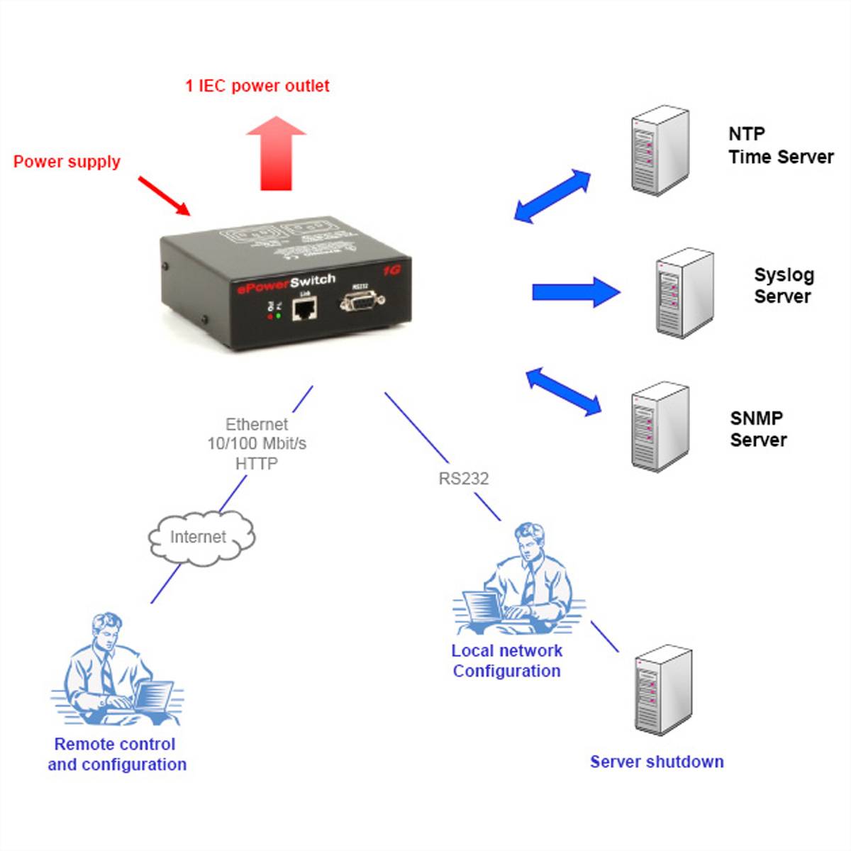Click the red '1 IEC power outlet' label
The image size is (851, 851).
(x=257, y=86)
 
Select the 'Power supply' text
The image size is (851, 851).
(x=67, y=162)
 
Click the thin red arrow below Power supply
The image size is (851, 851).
(x=164, y=195)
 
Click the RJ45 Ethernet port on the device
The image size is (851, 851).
(x=304, y=309)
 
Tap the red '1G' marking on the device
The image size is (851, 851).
(x=391, y=270)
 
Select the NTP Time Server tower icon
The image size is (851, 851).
(x=660, y=150)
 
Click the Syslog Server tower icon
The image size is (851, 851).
(x=684, y=292)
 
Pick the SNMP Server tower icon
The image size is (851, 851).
(x=660, y=425)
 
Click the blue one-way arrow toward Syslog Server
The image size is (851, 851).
(x=576, y=292)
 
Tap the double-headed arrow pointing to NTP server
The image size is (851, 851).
(x=552, y=196)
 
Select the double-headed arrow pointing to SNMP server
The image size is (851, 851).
(x=564, y=391)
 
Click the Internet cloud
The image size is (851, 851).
(x=200, y=537)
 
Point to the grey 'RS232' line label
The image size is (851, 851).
(x=463, y=479)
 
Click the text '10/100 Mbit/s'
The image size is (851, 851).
(x=257, y=444)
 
